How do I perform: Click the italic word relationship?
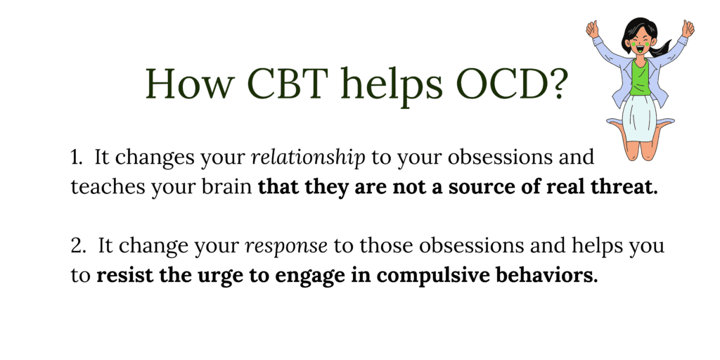pyautogui.click(x=309, y=158)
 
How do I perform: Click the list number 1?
pyautogui.click(x=76, y=158)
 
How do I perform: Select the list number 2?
pyautogui.click(x=76, y=247)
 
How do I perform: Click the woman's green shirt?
pyautogui.click(x=640, y=77)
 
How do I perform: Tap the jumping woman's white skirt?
pyautogui.click(x=638, y=118)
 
